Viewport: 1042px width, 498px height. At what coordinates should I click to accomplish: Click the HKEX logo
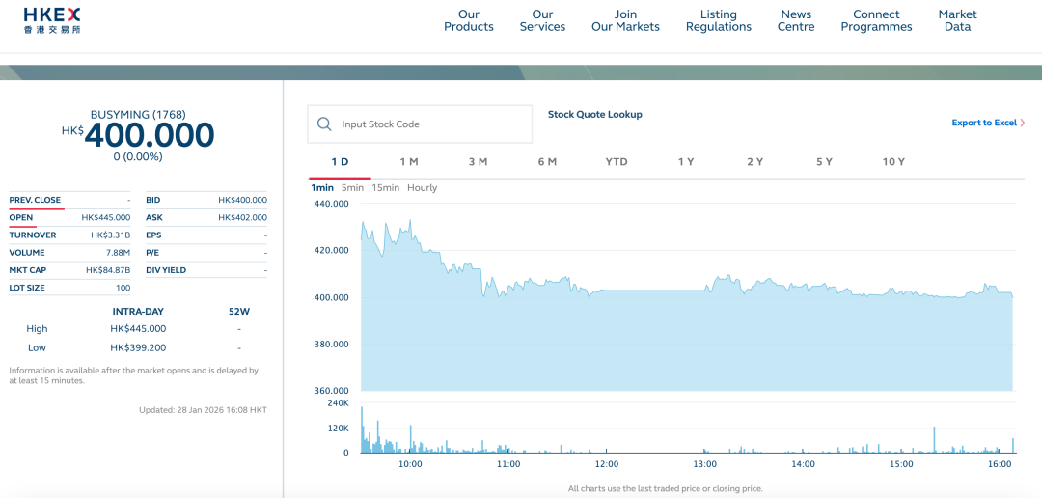click(52, 20)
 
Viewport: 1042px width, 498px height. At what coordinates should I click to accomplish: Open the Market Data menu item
click(957, 20)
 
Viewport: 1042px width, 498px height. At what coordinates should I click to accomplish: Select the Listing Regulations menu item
click(718, 20)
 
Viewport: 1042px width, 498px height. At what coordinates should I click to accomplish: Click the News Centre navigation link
click(796, 20)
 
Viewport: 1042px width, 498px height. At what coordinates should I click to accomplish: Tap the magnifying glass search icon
click(324, 124)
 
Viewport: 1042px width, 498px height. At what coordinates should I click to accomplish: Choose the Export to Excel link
click(987, 123)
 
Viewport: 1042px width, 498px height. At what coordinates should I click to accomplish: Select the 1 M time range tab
click(409, 161)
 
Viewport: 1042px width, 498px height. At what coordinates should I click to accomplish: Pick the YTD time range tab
click(617, 161)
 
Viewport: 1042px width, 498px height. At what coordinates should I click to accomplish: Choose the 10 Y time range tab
click(893, 161)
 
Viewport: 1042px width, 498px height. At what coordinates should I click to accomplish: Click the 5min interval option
click(352, 187)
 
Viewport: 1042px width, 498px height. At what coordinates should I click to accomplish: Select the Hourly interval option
click(422, 187)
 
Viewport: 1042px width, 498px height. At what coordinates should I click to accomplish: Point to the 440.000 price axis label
click(331, 204)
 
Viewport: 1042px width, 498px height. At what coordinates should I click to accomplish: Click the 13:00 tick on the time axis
click(705, 464)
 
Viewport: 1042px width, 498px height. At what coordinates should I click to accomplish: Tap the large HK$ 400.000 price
click(150, 135)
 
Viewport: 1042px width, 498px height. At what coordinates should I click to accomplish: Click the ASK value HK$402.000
click(242, 217)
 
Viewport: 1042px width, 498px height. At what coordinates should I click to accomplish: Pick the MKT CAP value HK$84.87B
click(108, 270)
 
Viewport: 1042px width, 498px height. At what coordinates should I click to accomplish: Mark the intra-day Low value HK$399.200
click(138, 347)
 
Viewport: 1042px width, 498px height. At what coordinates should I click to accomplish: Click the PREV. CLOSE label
click(35, 200)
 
